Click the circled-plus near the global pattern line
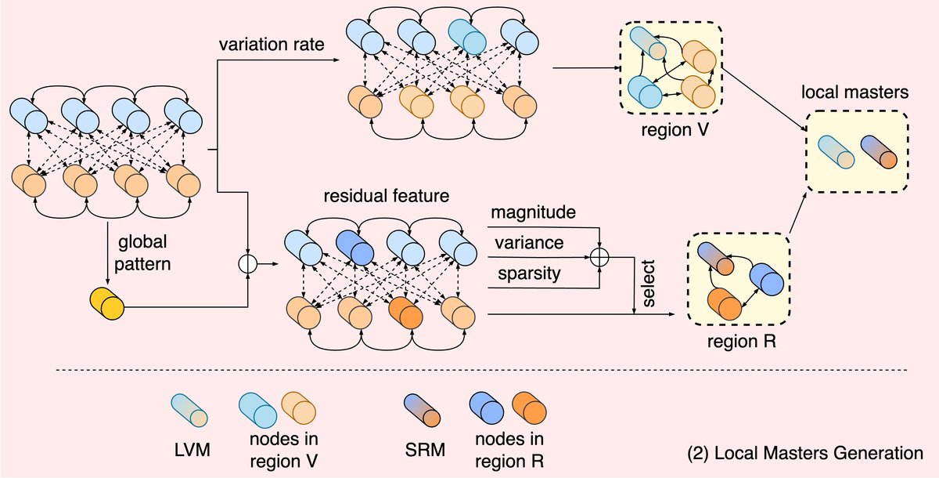coord(248,265)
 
